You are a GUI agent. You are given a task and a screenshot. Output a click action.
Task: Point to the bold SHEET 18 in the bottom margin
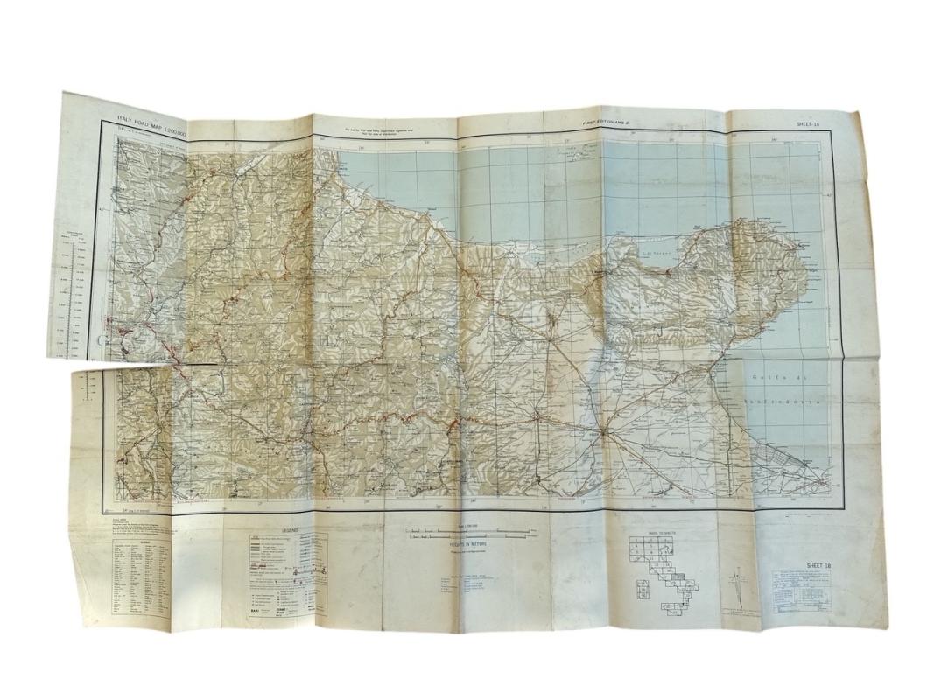818,566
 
